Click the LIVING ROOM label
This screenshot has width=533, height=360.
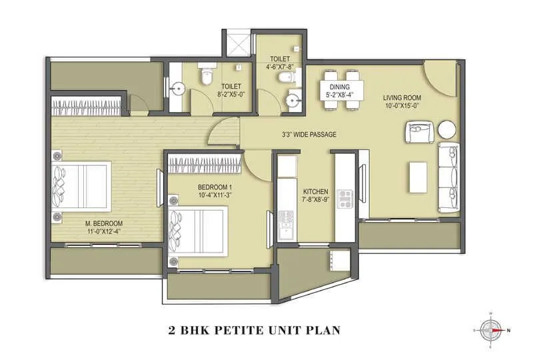click(x=402, y=97)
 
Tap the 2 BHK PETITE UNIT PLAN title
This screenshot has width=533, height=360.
click(x=256, y=329)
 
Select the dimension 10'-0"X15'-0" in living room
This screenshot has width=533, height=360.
click(x=402, y=105)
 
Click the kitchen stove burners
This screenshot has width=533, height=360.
click(x=346, y=197)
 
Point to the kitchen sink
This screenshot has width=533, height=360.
click(x=288, y=220)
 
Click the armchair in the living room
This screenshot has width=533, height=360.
click(x=421, y=131)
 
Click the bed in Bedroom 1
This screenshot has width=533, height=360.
click(x=198, y=229)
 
